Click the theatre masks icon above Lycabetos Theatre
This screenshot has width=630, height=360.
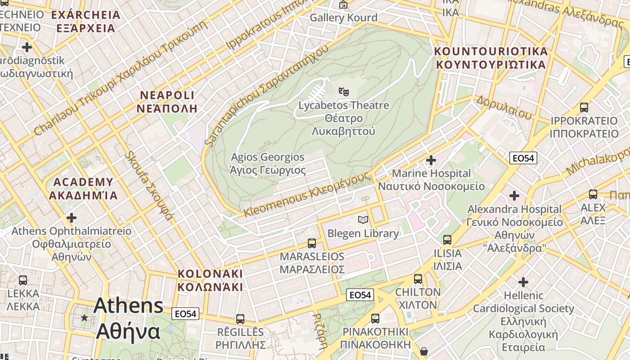[x=343, y=91]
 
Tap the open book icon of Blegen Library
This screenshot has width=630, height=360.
[x=363, y=220]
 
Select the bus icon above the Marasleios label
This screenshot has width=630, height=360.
[x=311, y=243]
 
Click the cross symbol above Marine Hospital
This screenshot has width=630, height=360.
[x=431, y=160]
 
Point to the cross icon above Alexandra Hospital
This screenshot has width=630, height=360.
[x=514, y=196]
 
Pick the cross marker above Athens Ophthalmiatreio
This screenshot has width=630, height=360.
[x=71, y=218]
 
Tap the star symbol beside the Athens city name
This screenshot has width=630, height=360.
[x=84, y=318]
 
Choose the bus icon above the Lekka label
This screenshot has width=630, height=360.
[x=23, y=280]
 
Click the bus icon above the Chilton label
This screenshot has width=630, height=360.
[x=418, y=279]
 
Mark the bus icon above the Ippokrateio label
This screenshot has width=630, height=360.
[x=584, y=107]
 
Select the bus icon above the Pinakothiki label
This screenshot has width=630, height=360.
[x=375, y=319]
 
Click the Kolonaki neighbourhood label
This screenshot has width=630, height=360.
[x=210, y=280]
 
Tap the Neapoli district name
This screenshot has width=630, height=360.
[x=167, y=102]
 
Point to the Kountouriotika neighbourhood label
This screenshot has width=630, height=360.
[x=491, y=58]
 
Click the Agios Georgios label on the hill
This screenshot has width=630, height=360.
[x=268, y=164]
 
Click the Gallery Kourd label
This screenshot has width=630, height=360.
[x=343, y=18]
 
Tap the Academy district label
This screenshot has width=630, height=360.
[x=83, y=189]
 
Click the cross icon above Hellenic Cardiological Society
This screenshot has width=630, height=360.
[x=523, y=282]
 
